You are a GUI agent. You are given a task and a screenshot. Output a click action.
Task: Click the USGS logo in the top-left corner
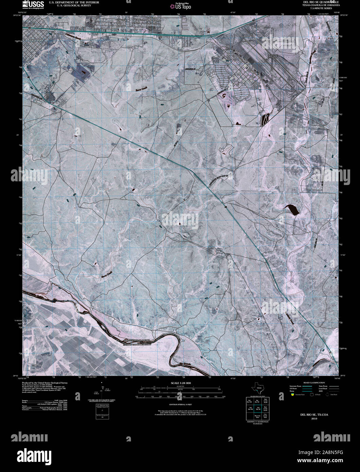[x=33, y=4]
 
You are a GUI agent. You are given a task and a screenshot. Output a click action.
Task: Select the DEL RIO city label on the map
[x=37, y=40]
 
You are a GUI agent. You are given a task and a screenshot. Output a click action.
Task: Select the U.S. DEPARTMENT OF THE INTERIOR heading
[x=74, y=2]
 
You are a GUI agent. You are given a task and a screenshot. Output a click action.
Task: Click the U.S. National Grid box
[x=102, y=412]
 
